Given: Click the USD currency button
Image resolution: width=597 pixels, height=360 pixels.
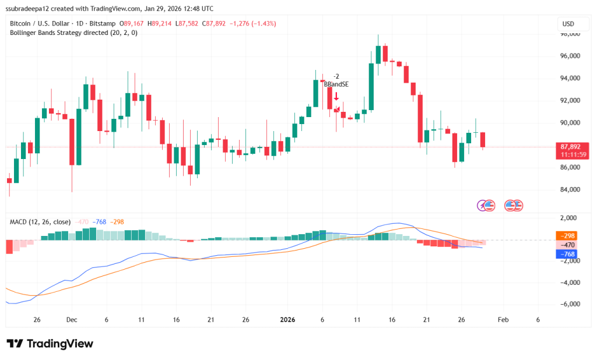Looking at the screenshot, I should click(x=568, y=24).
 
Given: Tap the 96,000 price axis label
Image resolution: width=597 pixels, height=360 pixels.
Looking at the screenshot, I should click(x=571, y=57).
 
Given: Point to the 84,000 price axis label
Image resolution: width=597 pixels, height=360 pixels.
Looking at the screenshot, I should click(x=571, y=190).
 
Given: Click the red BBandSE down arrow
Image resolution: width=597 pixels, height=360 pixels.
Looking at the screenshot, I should click(x=336, y=96).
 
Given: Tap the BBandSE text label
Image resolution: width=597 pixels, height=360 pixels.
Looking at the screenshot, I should click(x=336, y=84).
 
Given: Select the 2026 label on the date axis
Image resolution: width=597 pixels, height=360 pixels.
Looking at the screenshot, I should click(x=289, y=320).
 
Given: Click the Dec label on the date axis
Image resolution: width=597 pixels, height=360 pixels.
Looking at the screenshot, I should click(x=72, y=320).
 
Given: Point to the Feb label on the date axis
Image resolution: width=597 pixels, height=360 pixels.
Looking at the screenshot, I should click(x=503, y=320).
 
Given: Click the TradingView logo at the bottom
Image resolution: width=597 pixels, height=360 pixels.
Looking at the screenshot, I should click(x=50, y=344).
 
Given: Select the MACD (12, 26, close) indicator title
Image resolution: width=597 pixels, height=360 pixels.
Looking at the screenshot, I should click(x=40, y=222).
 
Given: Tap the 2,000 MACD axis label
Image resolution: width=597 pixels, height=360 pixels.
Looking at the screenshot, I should click(x=571, y=218).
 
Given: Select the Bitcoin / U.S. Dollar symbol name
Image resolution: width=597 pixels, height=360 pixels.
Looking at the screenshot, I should click(x=39, y=23).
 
